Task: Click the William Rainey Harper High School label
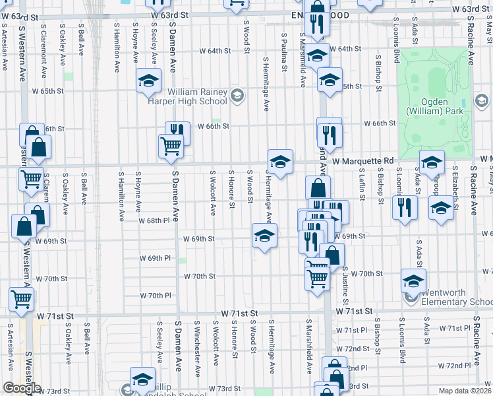point(197,96)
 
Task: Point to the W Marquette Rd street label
point(362,160)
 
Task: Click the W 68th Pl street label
point(154,220)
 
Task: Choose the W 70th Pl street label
point(155,295)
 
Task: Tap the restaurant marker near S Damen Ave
point(177,131)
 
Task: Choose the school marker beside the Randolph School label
point(142,379)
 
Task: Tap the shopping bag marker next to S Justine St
point(332,255)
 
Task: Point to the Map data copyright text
point(465,391)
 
